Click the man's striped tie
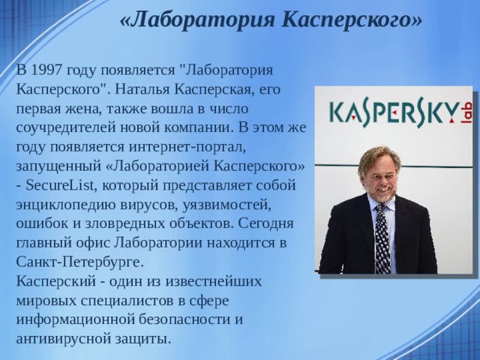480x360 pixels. (x=382, y=232)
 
